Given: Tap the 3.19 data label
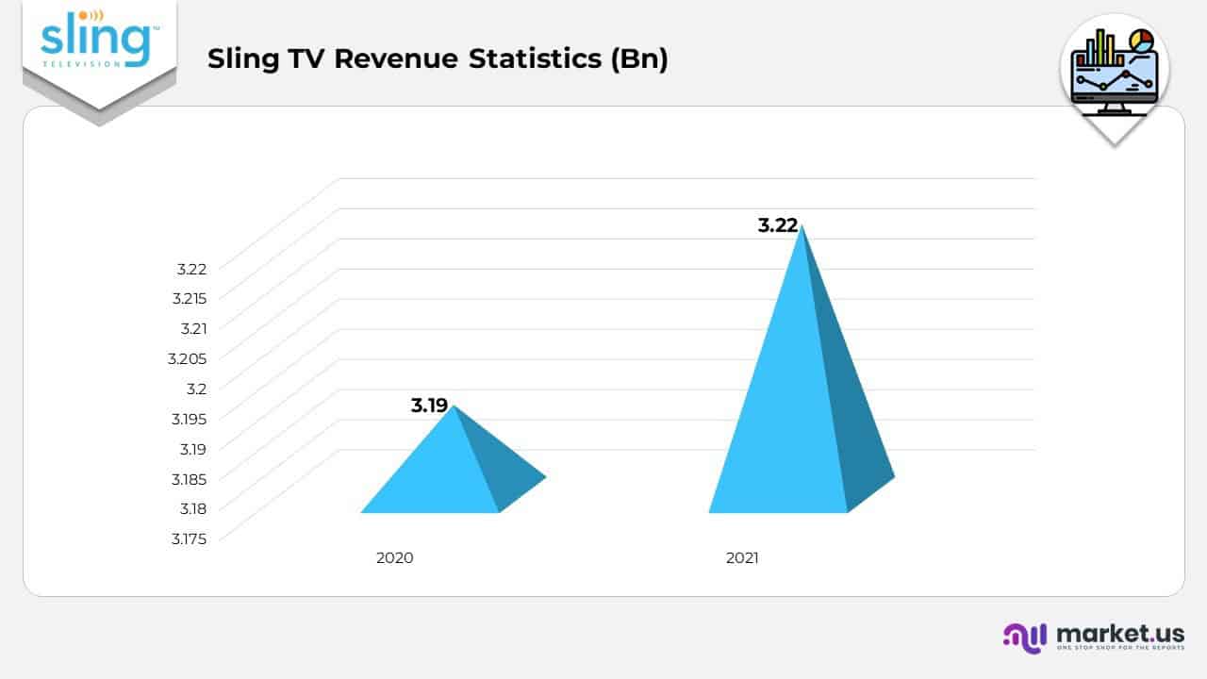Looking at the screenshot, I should click(x=429, y=406).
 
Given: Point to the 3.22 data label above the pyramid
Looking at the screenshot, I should click(x=778, y=225).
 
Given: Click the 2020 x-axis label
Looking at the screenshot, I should click(x=394, y=557).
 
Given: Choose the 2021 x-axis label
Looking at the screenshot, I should click(x=742, y=557).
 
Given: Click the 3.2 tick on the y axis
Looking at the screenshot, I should click(x=196, y=388).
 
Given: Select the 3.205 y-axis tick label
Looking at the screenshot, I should click(x=187, y=357).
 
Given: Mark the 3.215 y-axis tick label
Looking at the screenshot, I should click(x=189, y=298).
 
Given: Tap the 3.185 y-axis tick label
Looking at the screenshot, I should click(x=189, y=478).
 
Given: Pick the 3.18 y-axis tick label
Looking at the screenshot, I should click(x=191, y=508).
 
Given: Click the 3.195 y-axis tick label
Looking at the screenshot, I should click(x=189, y=418).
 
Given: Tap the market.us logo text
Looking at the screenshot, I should click(x=1120, y=633).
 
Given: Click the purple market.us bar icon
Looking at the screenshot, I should click(x=1024, y=637).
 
